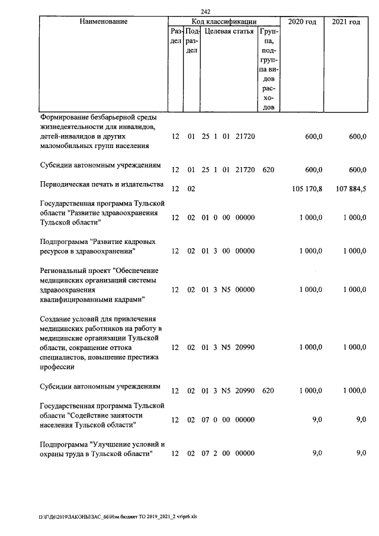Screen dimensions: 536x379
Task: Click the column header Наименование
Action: point(102,21)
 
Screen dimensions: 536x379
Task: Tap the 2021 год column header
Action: point(346,21)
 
